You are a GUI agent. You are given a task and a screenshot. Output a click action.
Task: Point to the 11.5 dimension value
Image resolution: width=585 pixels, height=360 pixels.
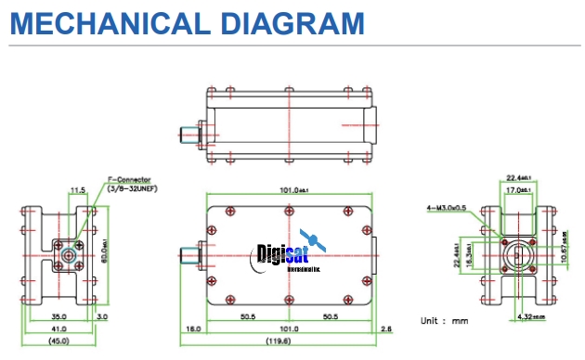pos(77,191)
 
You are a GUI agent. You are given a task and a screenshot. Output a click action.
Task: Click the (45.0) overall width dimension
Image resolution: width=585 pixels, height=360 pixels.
pos(59,341)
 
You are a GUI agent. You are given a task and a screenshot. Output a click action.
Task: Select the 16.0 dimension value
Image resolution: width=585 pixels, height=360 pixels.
pos(193,328)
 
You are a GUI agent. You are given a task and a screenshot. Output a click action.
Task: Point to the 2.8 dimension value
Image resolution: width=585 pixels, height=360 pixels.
pos(385,328)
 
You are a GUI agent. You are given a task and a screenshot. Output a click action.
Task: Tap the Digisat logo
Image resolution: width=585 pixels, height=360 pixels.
pos(289,253)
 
